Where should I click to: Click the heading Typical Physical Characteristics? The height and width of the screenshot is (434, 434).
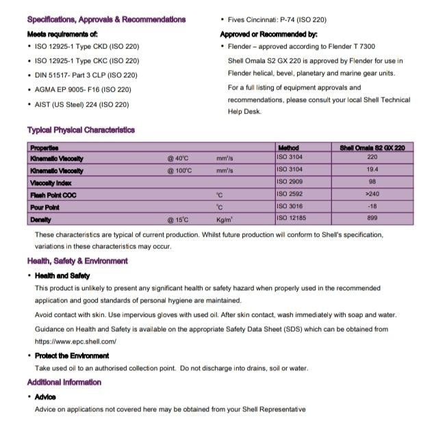point(81,130)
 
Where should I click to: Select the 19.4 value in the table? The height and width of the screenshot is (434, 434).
point(372,170)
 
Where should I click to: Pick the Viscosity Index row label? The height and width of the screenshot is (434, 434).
point(51,183)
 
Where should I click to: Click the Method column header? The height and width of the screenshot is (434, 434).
point(288,147)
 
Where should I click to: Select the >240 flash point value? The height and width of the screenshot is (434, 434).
point(372,194)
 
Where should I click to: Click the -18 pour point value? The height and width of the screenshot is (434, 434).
point(372,207)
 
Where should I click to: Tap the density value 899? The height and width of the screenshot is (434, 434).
point(372,218)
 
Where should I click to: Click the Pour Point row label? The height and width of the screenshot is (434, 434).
point(44,207)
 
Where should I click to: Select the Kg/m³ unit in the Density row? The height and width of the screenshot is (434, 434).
point(225,220)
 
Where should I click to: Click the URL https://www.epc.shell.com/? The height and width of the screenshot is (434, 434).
point(75,341)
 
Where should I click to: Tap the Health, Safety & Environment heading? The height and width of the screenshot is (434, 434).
point(77,261)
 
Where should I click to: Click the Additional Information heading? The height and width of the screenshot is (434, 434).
point(64,382)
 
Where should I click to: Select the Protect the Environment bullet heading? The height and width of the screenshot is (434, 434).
point(72,355)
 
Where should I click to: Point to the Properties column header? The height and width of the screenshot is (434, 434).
point(44,147)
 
